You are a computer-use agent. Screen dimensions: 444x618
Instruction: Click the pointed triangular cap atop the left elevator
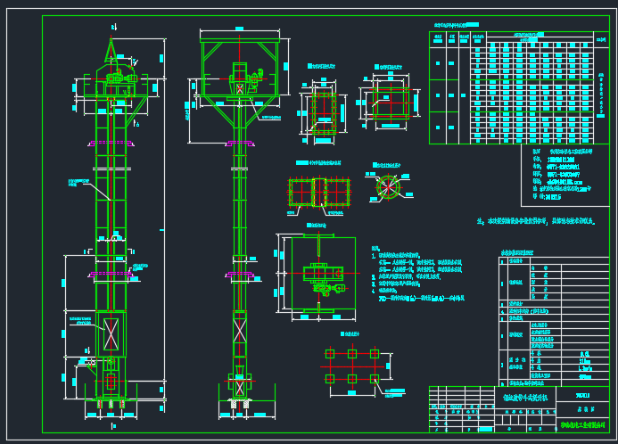(x=111, y=49)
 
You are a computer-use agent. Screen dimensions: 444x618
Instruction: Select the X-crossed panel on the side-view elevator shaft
(x=240, y=332)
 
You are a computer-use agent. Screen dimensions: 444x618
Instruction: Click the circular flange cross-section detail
(x=388, y=187)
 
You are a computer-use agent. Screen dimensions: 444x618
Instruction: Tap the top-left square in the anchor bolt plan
(x=330, y=354)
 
